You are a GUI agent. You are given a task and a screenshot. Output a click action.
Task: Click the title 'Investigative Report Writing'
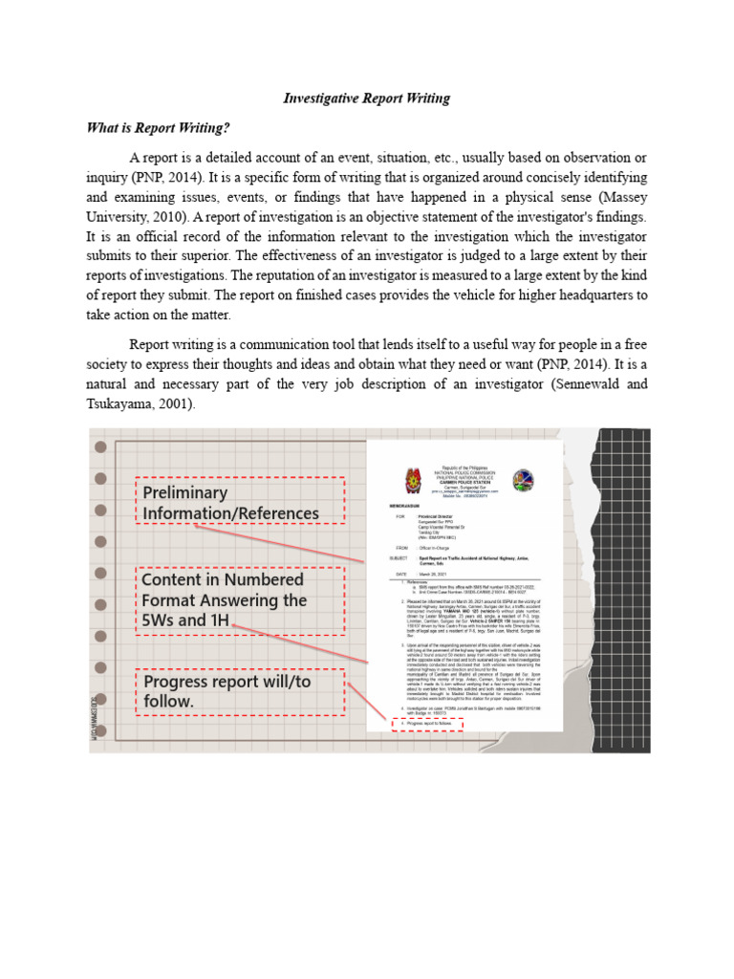[x=366, y=98]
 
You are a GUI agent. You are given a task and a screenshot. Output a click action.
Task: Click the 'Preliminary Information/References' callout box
[x=238, y=503]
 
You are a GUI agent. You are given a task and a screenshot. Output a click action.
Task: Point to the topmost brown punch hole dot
[x=99, y=446]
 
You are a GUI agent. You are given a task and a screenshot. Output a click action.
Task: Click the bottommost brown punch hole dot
[x=99, y=731]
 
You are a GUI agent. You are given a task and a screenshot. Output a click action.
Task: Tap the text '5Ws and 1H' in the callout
[x=187, y=621]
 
